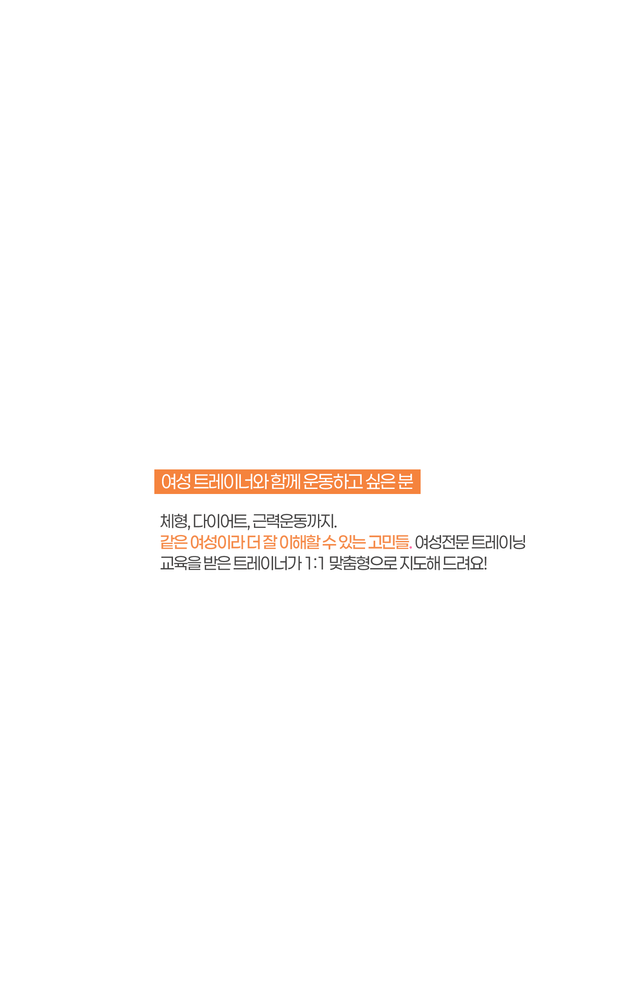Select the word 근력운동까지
295,521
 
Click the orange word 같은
174,542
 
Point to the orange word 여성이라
218,542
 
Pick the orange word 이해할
299,542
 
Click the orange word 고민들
389,542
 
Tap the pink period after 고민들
411,548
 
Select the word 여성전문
442,542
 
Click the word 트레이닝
499,542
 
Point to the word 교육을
181,563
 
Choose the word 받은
217,563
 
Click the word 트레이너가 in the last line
268,563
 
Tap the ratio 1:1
315,563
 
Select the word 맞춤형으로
363,563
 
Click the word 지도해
420,563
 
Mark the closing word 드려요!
465,563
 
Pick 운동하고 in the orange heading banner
333,482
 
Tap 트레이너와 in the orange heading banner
231,482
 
